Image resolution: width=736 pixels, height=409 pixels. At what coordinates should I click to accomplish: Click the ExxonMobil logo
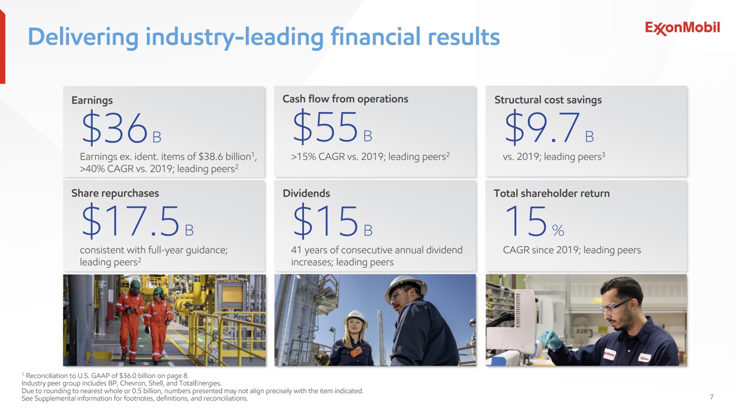[682, 28]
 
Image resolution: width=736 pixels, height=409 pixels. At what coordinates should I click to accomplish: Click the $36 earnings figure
[115, 128]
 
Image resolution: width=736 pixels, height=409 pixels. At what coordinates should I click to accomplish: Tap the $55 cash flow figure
[326, 127]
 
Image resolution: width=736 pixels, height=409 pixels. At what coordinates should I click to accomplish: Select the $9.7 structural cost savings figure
[542, 128]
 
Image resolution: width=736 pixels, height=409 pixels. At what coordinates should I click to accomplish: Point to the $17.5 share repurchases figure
[130, 222]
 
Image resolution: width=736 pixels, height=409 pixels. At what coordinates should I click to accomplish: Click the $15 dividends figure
[326, 222]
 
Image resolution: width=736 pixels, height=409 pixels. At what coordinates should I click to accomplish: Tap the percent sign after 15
[558, 231]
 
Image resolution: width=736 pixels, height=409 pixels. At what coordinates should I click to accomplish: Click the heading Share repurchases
[115, 193]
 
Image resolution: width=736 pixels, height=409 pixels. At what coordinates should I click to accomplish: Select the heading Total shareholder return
[552, 193]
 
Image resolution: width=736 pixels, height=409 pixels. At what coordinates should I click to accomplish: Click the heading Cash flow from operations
[345, 99]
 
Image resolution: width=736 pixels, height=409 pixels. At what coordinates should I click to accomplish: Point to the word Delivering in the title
[83, 37]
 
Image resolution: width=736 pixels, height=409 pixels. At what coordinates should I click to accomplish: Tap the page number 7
[711, 397]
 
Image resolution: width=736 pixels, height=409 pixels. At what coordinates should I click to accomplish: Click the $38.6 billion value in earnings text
[225, 157]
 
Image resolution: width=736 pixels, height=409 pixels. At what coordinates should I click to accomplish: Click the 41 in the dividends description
[296, 250]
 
